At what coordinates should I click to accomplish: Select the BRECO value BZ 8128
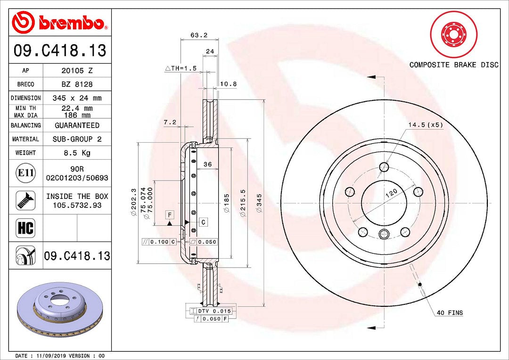point(77,84)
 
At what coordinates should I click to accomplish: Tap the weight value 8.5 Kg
point(77,153)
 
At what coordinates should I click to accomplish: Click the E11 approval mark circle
point(25,172)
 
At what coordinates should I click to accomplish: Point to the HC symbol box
point(25,228)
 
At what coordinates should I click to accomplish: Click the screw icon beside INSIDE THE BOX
point(25,200)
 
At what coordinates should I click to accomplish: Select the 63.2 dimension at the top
point(199,35)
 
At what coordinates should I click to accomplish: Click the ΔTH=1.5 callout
point(181,68)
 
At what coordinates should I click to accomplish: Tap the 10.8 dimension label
point(229,84)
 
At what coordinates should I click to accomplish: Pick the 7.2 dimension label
point(170,123)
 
